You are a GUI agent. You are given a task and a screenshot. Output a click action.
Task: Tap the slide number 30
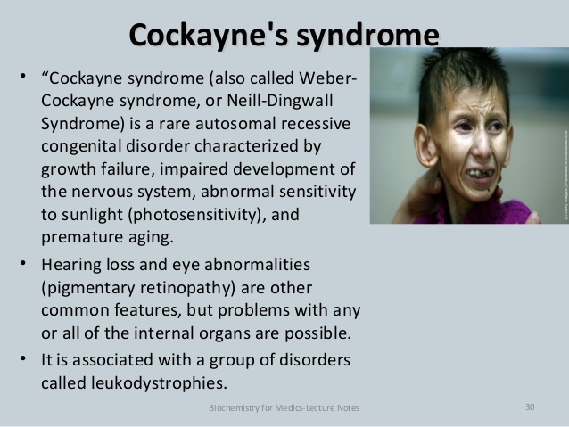coord(530,407)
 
